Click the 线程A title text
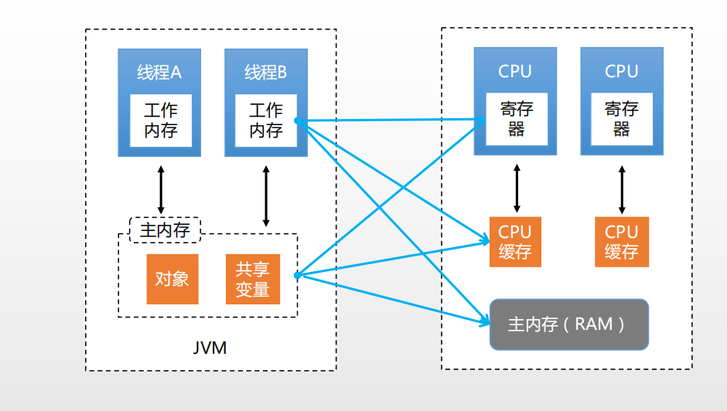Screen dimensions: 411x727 (x=159, y=73)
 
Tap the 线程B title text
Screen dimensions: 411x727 (x=265, y=73)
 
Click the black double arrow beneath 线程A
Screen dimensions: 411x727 (x=161, y=189)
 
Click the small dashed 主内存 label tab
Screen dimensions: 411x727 (x=164, y=229)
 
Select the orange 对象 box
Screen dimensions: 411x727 (x=172, y=279)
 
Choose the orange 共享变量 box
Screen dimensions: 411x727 (x=252, y=279)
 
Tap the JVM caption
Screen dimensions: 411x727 (x=210, y=348)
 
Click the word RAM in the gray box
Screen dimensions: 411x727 (x=594, y=324)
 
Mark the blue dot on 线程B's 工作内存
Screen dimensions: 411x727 (x=296, y=121)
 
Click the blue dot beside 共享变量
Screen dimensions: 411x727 (x=297, y=274)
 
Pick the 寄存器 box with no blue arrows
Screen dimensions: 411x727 (x=622, y=119)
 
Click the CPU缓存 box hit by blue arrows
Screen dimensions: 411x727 (x=515, y=241)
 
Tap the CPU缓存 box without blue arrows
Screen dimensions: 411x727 (x=621, y=241)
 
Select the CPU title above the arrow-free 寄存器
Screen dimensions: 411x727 (x=621, y=72)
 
